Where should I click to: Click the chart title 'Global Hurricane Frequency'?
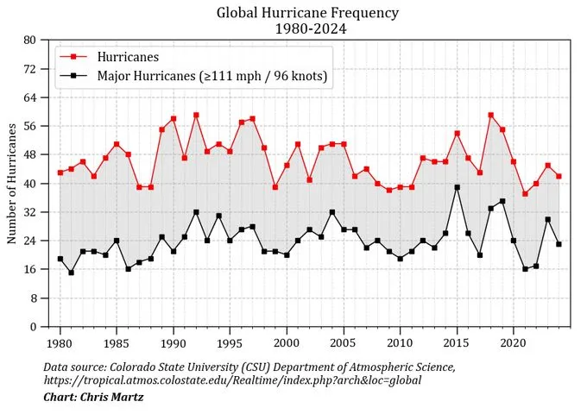point(307,13)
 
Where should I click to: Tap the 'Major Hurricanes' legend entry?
point(211,76)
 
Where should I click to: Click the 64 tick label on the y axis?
point(30,97)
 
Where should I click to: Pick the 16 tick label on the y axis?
point(30,270)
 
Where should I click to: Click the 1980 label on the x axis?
point(60,342)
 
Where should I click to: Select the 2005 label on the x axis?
point(344,342)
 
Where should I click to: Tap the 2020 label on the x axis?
point(514,342)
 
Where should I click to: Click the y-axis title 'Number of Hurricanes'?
point(12,183)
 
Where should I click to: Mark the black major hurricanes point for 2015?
point(457,187)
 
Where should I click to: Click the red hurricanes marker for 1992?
point(196,115)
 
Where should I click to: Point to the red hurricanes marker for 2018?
point(491,115)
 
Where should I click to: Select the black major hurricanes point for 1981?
point(72,273)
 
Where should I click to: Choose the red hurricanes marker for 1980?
point(60,172)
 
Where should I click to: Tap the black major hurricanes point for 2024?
point(559,244)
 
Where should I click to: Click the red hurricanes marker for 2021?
point(525,194)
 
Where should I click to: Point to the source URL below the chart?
point(232,380)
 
